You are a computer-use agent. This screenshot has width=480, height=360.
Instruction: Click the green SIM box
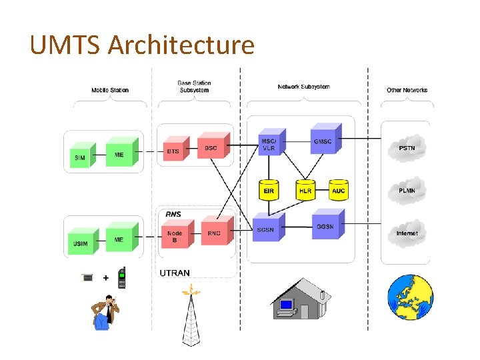(81, 157)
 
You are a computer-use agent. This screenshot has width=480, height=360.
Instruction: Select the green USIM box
(81, 243)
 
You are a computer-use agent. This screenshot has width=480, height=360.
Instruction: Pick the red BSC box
(211, 147)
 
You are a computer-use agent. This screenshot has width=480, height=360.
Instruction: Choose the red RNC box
(214, 233)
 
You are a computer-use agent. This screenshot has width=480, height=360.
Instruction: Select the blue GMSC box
(323, 141)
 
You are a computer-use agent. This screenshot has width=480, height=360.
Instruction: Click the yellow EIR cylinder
(269, 190)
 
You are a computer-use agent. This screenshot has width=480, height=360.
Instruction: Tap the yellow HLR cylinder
(305, 190)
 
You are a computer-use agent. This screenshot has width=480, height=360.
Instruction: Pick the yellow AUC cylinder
(339, 190)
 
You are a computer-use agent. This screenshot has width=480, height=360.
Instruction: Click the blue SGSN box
(266, 229)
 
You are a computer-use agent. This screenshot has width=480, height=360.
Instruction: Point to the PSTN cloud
(407, 148)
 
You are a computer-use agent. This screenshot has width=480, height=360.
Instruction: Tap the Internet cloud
(407, 233)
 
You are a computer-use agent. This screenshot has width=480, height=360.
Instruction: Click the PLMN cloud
(407, 191)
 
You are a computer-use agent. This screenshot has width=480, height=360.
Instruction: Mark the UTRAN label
(175, 273)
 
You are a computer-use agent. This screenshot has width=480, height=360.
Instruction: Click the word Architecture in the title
(181, 45)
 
